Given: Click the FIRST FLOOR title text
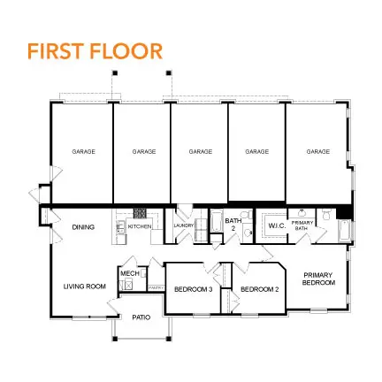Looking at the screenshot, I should (x=95, y=50).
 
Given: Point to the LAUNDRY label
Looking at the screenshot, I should (x=183, y=226).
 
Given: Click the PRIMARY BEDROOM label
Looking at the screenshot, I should (x=318, y=278).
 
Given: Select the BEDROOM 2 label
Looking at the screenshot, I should (x=259, y=288).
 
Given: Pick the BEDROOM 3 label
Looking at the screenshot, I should (x=192, y=288).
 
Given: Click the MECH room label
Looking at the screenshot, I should (x=126, y=273).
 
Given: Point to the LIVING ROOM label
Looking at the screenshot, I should (x=84, y=286).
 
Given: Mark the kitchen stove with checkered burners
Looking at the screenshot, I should (x=139, y=213).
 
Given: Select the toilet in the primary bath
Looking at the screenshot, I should (x=325, y=215).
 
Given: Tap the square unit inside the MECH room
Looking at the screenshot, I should (x=127, y=285).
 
